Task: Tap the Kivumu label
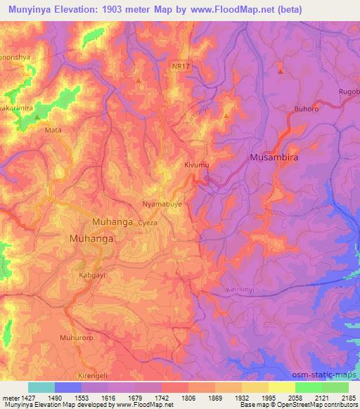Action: click(199, 164)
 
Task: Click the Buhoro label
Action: click(305, 110)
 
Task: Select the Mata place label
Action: click(53, 130)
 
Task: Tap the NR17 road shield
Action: click(179, 65)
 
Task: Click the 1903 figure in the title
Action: click(124, 8)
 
